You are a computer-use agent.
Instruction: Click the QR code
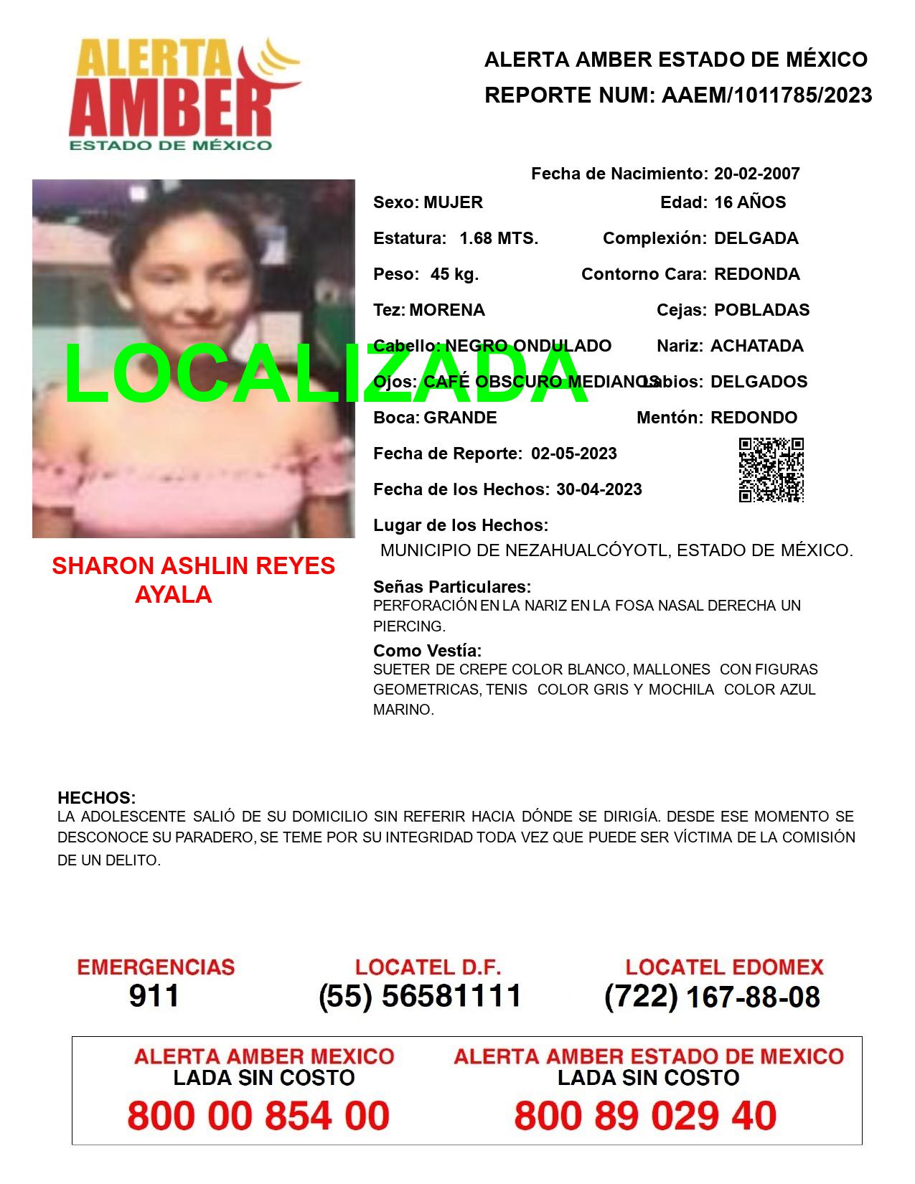coord(771,470)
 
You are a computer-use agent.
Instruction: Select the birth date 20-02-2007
coord(756,174)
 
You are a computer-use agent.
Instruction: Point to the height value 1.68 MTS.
coord(499,238)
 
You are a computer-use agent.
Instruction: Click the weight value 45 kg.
coord(454,274)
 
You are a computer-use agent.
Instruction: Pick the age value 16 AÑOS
coord(750,202)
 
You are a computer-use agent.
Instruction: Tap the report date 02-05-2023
coord(574,454)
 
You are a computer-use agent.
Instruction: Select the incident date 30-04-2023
coord(599,489)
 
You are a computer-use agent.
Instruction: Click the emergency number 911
coord(154,996)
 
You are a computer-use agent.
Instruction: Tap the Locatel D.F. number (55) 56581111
coord(421,996)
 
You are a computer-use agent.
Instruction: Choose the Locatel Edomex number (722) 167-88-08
coord(712,997)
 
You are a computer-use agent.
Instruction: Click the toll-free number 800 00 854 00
coord(258,1116)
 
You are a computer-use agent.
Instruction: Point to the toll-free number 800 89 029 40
coord(645,1116)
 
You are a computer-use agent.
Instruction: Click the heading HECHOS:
coord(96,798)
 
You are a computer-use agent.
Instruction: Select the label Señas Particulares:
coord(452,587)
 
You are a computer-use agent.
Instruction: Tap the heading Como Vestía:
coord(427,651)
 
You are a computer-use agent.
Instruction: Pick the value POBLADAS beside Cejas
coord(762,310)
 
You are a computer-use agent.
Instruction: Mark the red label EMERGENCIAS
coord(156,967)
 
